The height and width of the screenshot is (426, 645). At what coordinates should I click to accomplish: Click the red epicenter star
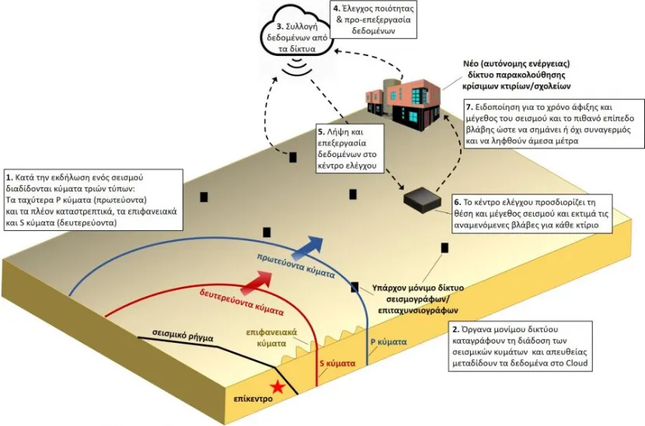coord(278,387)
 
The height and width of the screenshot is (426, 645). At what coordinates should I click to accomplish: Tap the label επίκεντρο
coord(253,399)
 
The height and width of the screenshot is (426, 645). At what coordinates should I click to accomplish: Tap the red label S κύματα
coord(337,364)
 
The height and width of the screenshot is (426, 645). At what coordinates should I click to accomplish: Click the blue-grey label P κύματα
coord(389,341)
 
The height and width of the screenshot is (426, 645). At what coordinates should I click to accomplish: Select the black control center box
coord(422,200)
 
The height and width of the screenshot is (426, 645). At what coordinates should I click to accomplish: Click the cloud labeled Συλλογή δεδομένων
coord(296,37)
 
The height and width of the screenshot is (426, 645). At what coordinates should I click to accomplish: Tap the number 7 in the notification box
coord(469,106)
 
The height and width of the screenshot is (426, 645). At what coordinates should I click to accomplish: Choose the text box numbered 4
coord(373,19)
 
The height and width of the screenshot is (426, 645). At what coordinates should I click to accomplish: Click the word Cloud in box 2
coord(577,363)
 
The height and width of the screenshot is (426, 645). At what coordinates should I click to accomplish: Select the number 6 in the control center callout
coord(458,202)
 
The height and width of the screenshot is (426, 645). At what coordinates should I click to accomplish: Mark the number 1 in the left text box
coord(9,178)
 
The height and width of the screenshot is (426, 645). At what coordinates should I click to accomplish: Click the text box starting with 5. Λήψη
coord(350,149)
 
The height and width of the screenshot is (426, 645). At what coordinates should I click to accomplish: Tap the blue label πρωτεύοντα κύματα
coord(296,266)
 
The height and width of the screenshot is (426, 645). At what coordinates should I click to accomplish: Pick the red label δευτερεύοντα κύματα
coord(242,302)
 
